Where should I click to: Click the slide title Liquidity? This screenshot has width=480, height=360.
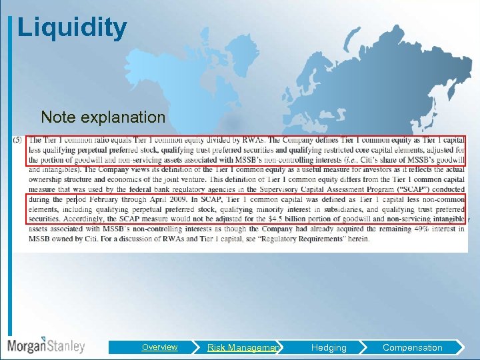coord(72,28)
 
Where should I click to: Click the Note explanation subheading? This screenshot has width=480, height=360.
coord(103,117)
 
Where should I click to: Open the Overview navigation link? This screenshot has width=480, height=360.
coord(159,347)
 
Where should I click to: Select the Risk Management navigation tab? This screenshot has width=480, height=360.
coord(243,347)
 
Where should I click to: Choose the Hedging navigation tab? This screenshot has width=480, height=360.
coord(329,347)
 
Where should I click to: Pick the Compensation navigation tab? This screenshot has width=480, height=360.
coord(412,347)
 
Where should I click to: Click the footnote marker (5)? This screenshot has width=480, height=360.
coord(17,140)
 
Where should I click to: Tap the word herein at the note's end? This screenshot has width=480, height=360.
coord(357,239)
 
